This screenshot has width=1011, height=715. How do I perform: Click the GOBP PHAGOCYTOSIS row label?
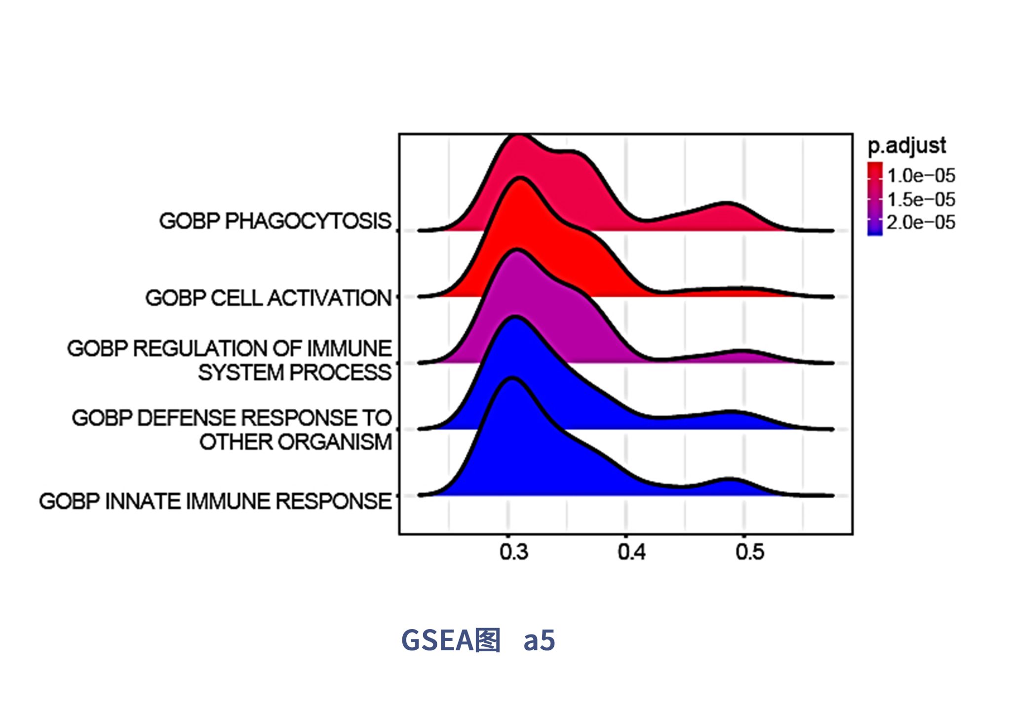tap(274, 221)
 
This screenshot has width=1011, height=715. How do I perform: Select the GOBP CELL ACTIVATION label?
tap(268, 298)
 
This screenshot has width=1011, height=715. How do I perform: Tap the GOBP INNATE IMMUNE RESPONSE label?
tap(215, 501)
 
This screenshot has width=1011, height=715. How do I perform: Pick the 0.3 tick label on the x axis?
tap(513, 552)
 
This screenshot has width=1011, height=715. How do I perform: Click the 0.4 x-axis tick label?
tap(631, 552)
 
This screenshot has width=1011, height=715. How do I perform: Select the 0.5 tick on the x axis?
tap(749, 552)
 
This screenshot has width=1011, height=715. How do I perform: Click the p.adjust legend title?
tap(907, 146)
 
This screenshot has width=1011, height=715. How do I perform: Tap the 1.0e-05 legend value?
tap(921, 176)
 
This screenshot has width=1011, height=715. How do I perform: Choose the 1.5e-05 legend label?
tap(921, 199)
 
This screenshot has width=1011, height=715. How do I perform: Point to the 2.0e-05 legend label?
tap(921, 223)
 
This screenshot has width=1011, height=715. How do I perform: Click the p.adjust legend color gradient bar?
tap(875, 199)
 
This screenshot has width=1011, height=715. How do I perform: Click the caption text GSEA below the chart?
tap(437, 640)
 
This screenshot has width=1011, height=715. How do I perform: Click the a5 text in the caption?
tap(539, 640)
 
